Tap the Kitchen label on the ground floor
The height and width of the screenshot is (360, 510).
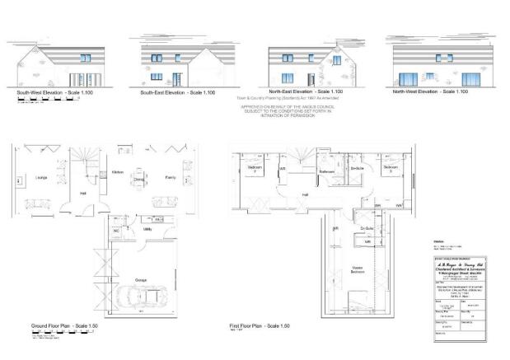[117, 172]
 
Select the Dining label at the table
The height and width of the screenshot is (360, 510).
[140, 178]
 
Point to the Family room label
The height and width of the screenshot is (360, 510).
[170, 176]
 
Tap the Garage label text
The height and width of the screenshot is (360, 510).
[141, 281]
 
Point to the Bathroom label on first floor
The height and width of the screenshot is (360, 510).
[326, 171]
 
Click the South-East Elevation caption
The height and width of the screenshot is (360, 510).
[177, 92]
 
